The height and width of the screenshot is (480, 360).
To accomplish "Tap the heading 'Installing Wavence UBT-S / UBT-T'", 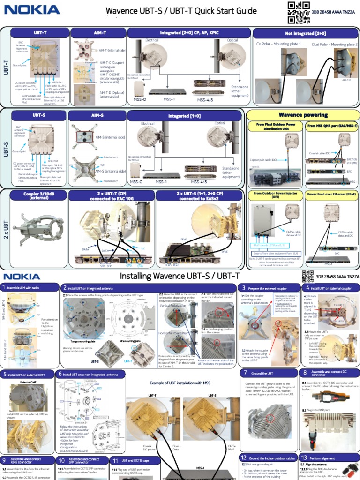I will click(180, 276).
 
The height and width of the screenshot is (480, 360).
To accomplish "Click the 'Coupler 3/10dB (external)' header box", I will click(39, 195).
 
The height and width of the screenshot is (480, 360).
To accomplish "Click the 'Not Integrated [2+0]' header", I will click(305, 33).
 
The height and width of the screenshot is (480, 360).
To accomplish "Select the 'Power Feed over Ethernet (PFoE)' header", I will click(330, 193).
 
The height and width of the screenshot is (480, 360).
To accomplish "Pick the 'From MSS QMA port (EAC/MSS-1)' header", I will click(330, 126).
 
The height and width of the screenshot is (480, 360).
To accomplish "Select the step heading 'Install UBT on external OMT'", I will click(30, 374).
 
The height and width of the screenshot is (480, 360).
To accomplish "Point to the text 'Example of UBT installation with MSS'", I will click(180, 383).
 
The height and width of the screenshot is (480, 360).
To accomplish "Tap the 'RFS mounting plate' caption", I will click(127, 342).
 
